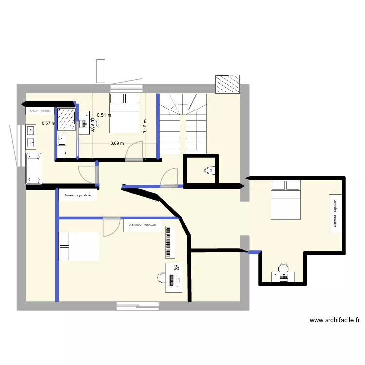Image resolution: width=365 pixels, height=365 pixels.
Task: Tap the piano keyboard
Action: click(x=169, y=242)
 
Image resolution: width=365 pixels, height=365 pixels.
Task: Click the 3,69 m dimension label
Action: click(x=117, y=143)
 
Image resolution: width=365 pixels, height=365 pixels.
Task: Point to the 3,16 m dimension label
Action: click(x=145, y=126)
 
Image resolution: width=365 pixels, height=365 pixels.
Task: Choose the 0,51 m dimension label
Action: click(x=104, y=115)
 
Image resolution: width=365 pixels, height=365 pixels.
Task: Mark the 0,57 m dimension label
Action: click(x=49, y=123)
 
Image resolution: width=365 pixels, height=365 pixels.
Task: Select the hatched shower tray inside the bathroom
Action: click(x=66, y=119)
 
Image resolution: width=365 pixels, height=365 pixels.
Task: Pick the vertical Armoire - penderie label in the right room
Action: click(x=335, y=213)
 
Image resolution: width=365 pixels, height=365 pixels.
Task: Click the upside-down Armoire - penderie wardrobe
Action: click(x=143, y=225)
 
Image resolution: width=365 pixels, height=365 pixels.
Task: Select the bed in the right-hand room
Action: click(x=286, y=200)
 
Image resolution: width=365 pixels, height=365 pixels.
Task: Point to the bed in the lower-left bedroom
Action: click(x=79, y=247)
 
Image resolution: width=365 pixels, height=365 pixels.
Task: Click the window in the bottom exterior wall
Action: click(x=137, y=306)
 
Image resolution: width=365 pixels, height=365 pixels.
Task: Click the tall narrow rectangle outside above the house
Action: click(x=101, y=71)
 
